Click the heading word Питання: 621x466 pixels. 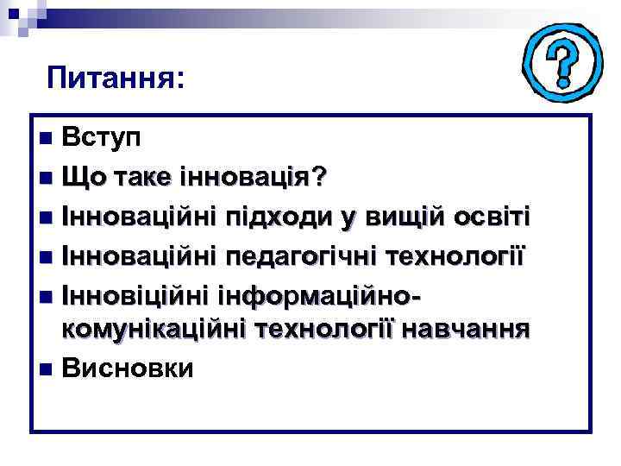pyautogui.click(x=116, y=79)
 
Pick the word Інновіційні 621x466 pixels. pyautogui.click(x=135, y=293)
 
